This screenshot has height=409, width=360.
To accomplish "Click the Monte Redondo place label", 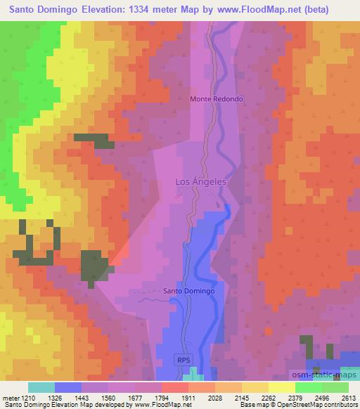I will coord(217,99).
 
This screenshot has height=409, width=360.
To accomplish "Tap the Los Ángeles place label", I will coord(200,181).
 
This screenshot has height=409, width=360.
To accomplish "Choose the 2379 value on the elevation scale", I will coord(301,397).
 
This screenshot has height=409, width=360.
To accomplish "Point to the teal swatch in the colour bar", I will coord(41,387).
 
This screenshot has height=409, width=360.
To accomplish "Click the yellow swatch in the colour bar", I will coord(281,387).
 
